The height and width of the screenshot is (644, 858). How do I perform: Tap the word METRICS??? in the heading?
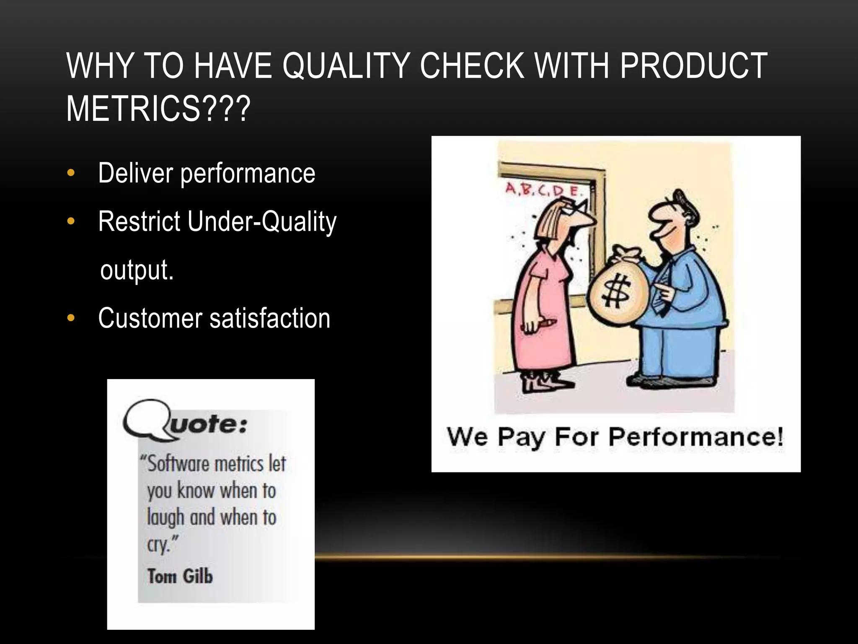[x=158, y=109]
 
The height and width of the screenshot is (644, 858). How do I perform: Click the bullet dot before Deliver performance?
[x=71, y=173]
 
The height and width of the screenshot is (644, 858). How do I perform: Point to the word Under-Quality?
[x=261, y=222]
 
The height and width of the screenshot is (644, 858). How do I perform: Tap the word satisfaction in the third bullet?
[x=270, y=318]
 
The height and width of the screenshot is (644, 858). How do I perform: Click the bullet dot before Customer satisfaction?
[x=71, y=318]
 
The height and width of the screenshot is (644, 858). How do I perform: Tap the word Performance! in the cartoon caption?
[x=695, y=437]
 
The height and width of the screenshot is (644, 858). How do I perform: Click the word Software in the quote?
[x=176, y=464]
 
